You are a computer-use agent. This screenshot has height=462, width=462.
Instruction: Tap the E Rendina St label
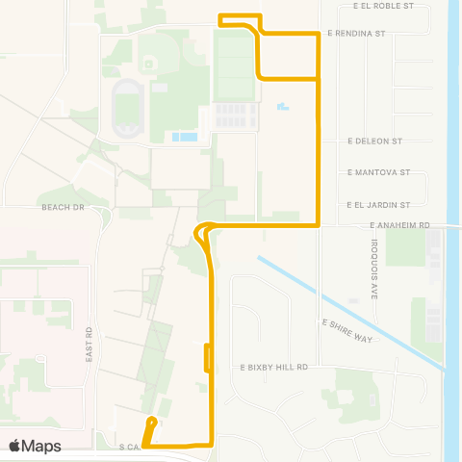356,33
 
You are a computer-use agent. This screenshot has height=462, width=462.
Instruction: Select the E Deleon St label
374,141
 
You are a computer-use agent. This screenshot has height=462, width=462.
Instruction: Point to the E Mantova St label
378,173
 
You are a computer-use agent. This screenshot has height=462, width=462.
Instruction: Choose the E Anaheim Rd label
398,225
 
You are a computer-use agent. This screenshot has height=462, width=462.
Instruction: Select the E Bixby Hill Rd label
273,367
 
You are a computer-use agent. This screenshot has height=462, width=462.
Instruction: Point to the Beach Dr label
64,207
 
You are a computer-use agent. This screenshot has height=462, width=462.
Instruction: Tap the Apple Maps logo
36,446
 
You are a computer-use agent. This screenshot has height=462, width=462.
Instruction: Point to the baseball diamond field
149,61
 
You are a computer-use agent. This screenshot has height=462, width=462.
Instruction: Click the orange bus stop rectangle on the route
208,356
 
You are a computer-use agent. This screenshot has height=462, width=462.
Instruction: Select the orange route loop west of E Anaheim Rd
202,233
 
